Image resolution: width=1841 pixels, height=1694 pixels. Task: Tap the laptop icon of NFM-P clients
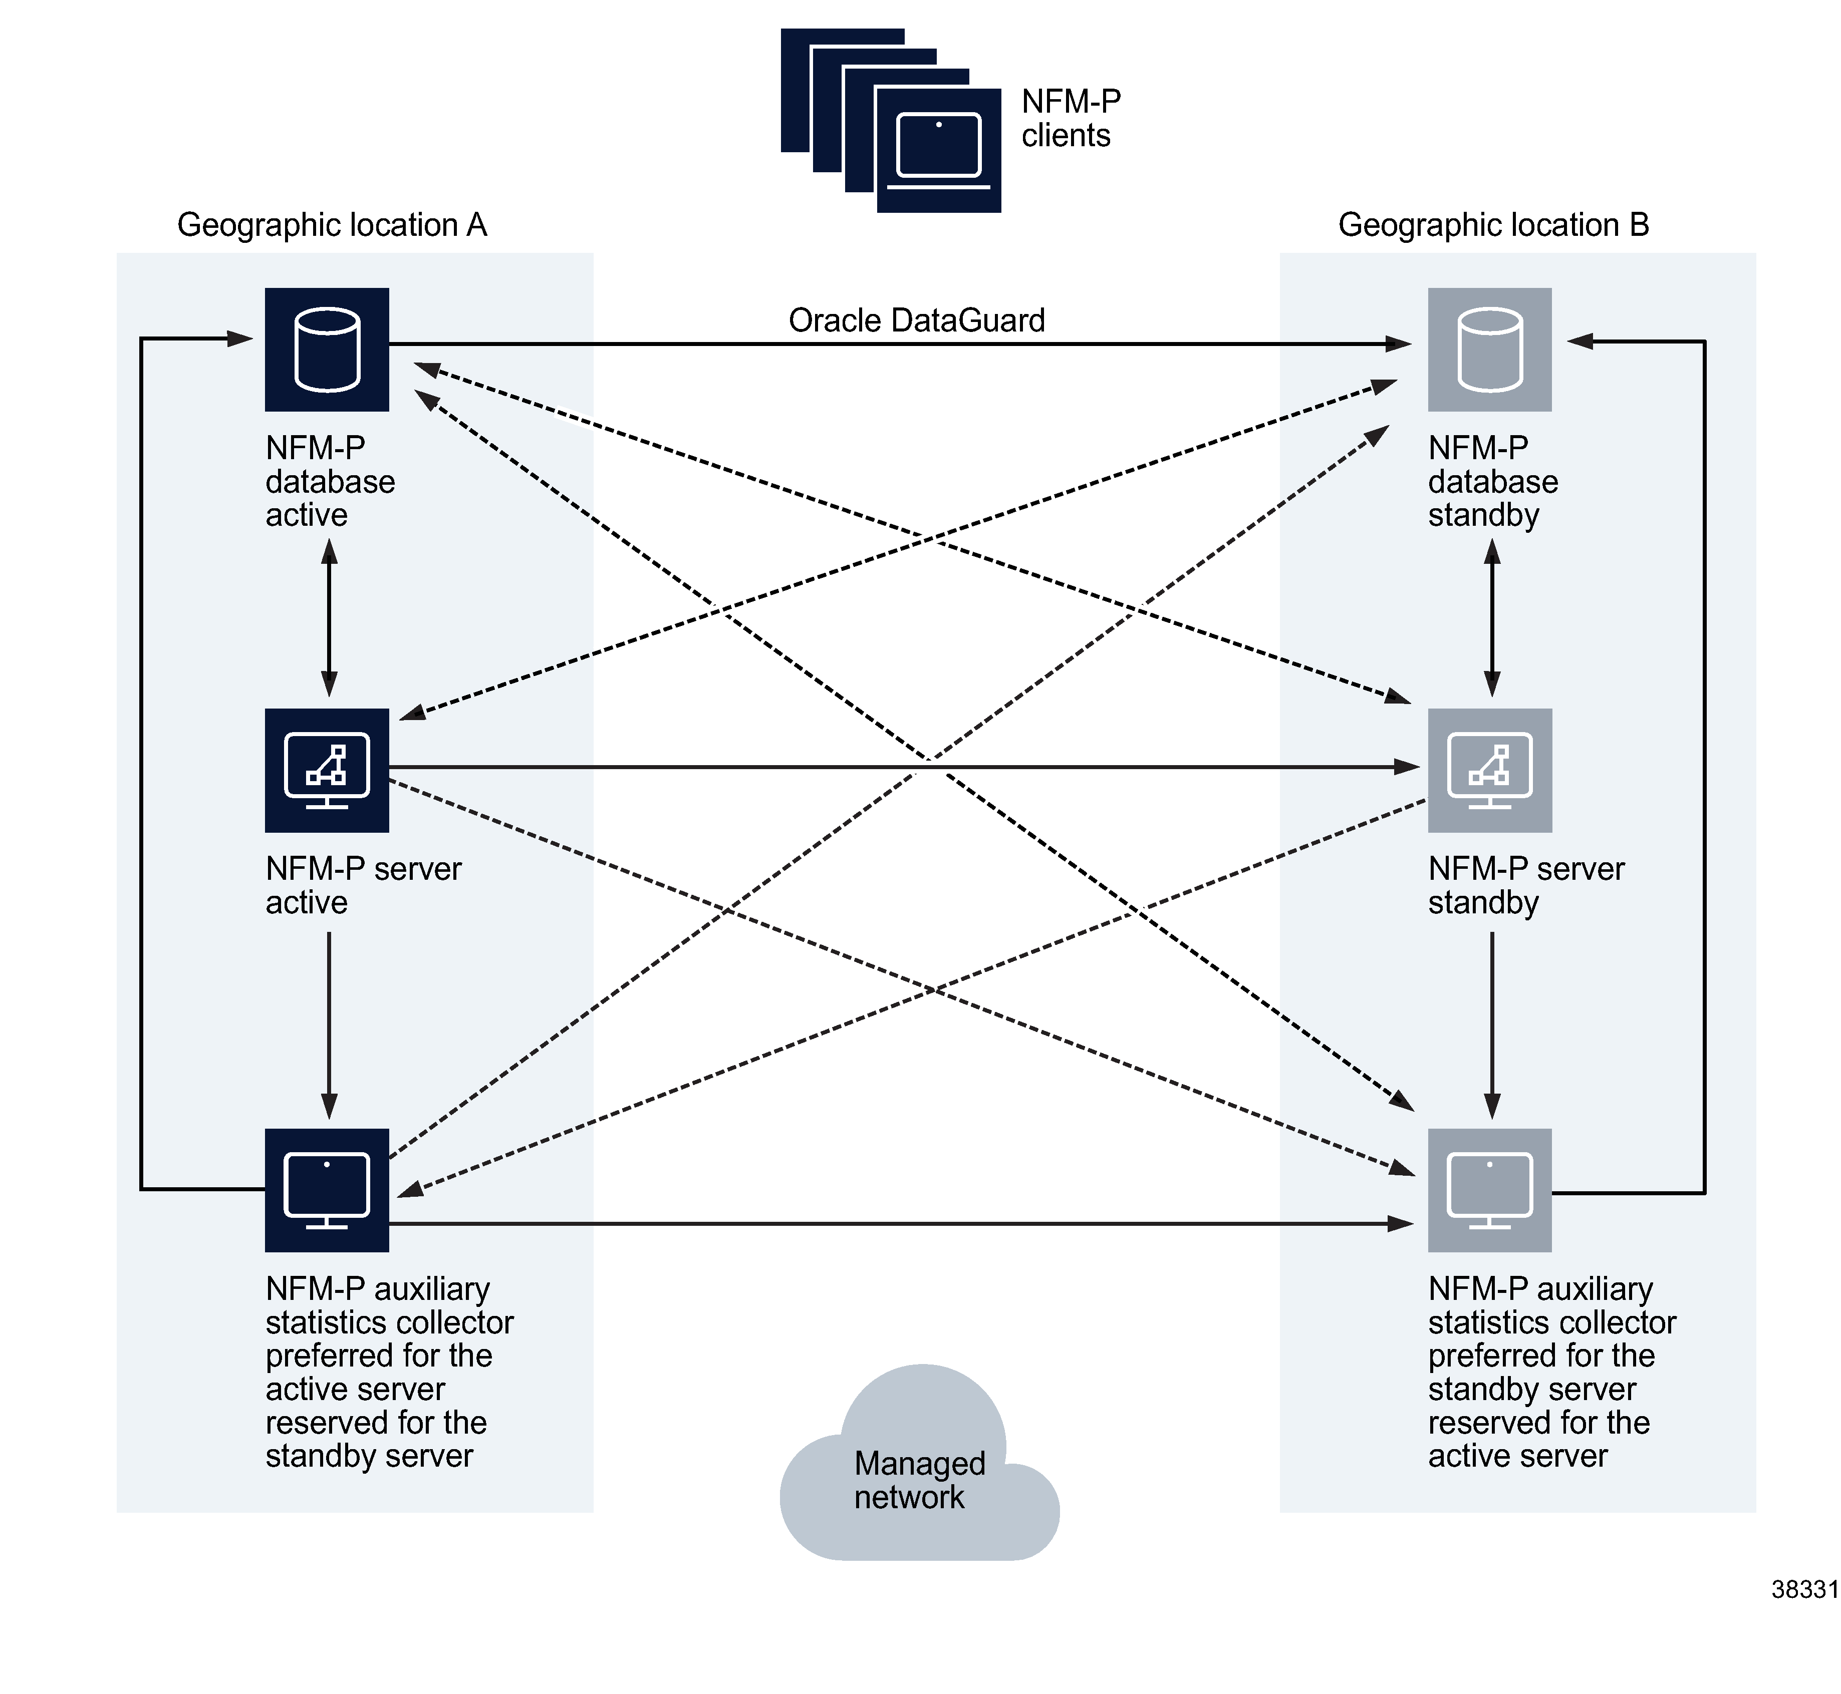tap(938, 149)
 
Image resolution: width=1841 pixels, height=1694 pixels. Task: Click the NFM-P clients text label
tap(1070, 118)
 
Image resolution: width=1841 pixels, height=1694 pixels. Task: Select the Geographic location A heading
tap(332, 225)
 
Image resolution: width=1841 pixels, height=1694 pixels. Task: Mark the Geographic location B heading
tap(1493, 225)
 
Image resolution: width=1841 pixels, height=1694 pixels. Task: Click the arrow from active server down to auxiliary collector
tap(329, 1025)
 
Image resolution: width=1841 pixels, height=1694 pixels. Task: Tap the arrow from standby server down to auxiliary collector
tap(1492, 1025)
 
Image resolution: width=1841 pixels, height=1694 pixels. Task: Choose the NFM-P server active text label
tap(363, 885)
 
